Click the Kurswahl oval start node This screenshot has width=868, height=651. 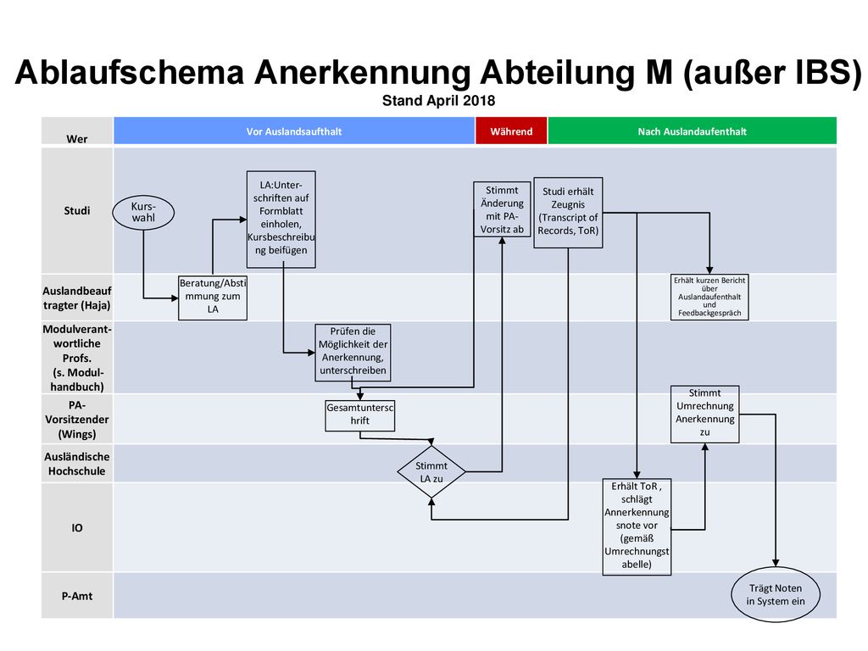pyautogui.click(x=143, y=213)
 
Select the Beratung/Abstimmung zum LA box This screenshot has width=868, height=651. pyautogui.click(x=213, y=298)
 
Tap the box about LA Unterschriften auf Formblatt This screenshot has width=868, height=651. pyautogui.click(x=281, y=220)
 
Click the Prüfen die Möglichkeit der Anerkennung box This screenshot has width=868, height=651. pyautogui.click(x=353, y=353)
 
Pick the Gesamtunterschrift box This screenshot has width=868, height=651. pyautogui.click(x=359, y=415)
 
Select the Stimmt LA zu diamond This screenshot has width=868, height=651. pyautogui.click(x=431, y=471)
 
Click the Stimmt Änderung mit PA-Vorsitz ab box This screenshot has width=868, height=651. pyautogui.click(x=502, y=209)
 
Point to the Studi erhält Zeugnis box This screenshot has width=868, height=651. pyautogui.click(x=568, y=213)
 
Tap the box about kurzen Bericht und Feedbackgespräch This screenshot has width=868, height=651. pyautogui.click(x=709, y=297)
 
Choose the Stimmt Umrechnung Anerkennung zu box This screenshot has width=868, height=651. pyautogui.click(x=704, y=414)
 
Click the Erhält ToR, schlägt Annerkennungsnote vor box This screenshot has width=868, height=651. pyautogui.click(x=637, y=527)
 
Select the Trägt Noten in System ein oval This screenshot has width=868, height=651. pyautogui.click(x=776, y=594)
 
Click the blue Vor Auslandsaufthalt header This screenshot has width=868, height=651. pyautogui.click(x=294, y=131)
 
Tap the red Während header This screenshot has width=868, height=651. pyautogui.click(x=511, y=131)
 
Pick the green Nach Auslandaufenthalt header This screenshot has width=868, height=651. pyautogui.click(x=692, y=131)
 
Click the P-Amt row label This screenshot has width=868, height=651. pyautogui.click(x=77, y=596)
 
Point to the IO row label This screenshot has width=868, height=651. pyautogui.click(x=77, y=528)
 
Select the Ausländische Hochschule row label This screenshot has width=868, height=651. pyautogui.click(x=77, y=464)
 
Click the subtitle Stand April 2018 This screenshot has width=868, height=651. pyautogui.click(x=438, y=101)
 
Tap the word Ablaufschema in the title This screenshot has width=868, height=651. pyautogui.click(x=130, y=73)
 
